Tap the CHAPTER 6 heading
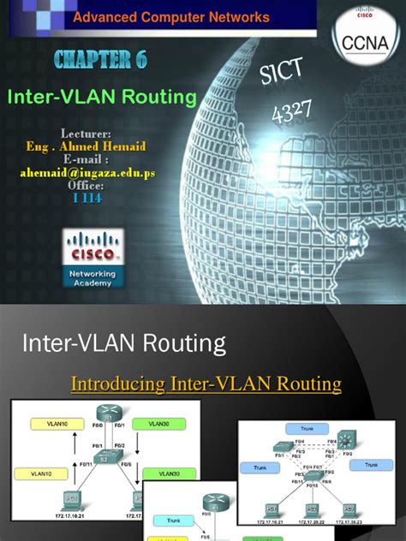tap(101, 59)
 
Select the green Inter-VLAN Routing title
tap(102, 97)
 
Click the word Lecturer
tap(87, 134)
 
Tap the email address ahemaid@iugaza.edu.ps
tap(87, 172)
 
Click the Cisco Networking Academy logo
tap(93, 256)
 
